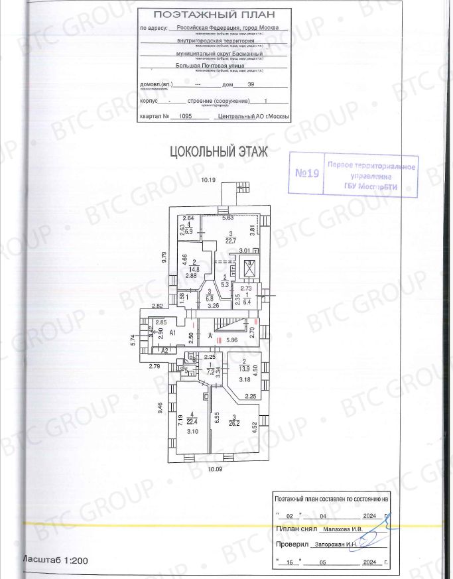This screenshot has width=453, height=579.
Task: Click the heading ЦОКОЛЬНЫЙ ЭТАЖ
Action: click(x=219, y=152)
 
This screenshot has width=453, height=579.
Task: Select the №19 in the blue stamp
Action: click(x=307, y=174)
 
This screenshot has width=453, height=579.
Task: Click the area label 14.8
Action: click(x=191, y=269)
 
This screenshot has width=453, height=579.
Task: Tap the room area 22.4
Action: click(x=192, y=420)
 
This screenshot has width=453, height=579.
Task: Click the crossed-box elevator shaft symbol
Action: click(x=251, y=268)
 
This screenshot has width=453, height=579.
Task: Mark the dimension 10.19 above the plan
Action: click(x=210, y=180)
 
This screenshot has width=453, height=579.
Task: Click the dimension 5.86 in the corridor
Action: click(x=231, y=340)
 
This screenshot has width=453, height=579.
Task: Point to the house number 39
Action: click(x=251, y=85)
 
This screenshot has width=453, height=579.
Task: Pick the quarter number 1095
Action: click(x=180, y=115)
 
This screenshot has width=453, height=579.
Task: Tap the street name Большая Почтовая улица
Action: click(x=210, y=66)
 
